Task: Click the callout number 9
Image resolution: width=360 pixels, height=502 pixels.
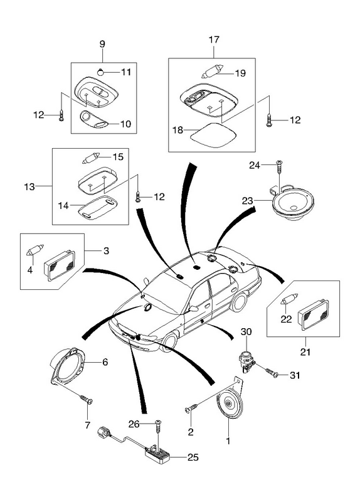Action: [102, 44]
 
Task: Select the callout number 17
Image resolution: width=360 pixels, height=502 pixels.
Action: [214, 40]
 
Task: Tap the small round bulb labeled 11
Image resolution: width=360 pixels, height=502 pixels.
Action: [100, 72]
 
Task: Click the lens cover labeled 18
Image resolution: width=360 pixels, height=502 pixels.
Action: [213, 136]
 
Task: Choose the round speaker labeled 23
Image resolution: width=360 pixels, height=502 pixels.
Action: [292, 205]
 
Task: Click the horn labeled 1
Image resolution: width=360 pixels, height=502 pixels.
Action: [230, 402]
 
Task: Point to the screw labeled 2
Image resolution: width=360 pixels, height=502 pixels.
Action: [192, 409]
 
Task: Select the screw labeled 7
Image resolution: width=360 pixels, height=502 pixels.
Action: [87, 399]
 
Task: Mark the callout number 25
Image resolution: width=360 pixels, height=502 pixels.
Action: [193, 457]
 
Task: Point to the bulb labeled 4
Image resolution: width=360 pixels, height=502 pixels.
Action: [34, 250]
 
